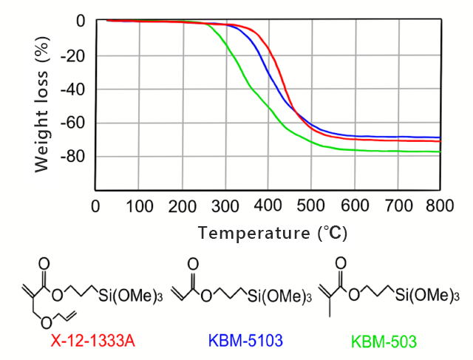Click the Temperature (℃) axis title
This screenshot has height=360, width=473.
pos(272,233)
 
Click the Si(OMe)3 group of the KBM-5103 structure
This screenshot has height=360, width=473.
pos(279,296)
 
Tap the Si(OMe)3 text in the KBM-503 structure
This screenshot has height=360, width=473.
pos(423,295)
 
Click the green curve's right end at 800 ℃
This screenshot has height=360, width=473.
pos(440,152)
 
